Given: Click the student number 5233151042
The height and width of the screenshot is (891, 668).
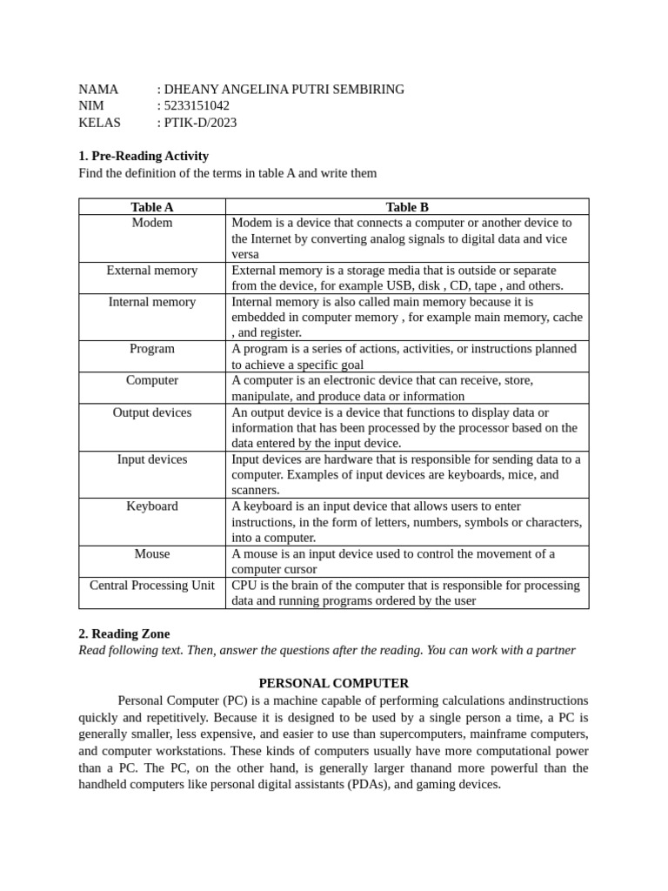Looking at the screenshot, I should pos(197,105).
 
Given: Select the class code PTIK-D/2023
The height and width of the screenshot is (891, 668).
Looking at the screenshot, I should pos(200,123).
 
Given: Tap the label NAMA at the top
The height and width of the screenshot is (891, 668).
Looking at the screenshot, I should pos(98,89).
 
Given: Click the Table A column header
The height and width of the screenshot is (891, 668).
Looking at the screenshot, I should pos(152,207).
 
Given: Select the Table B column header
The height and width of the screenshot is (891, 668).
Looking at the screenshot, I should pos(407,207).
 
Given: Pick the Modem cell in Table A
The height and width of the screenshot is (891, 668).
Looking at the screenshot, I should pos(152,223).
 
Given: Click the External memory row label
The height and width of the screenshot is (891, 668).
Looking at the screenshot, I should pos(152,271).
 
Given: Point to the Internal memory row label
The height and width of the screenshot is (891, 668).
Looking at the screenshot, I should pos(152,302).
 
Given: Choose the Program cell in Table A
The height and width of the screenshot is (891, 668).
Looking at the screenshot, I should pos(152,349).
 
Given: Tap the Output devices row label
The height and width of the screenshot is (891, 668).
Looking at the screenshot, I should pos(152,412).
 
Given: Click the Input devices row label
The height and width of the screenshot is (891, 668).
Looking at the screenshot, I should pos(152,459).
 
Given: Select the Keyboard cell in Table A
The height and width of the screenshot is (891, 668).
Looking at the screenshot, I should pos(152,506).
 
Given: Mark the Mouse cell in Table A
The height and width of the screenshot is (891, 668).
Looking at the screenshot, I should pos(152,554).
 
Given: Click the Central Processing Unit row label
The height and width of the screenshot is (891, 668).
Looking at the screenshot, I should pos(152,586).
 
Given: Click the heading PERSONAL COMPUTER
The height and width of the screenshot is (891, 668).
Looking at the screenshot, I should pos(333,684).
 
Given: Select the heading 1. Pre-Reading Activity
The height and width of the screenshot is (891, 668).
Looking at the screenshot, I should pos(144,156).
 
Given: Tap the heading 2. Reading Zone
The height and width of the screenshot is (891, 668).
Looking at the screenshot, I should pos(124,634).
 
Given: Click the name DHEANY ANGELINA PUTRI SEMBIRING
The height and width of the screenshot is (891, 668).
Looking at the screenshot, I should pos(284,89).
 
